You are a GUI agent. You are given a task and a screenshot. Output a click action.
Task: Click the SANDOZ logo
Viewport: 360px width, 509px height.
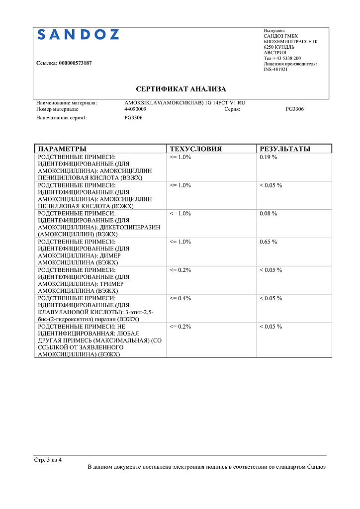(79, 35)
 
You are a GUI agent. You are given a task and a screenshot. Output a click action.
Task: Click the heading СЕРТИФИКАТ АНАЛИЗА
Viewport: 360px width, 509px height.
(181, 89)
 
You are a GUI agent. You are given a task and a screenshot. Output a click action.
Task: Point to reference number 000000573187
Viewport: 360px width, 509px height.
(75, 63)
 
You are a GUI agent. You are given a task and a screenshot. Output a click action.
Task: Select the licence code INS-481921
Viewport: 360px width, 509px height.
(275, 70)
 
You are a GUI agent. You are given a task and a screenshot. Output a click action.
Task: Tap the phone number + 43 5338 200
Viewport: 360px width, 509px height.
(286, 58)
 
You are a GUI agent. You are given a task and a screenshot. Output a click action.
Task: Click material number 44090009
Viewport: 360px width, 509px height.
(135, 109)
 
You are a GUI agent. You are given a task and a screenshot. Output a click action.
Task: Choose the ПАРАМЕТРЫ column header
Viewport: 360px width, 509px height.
(62, 149)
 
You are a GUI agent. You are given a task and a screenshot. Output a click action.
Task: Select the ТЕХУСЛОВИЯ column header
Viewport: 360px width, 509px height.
(195, 149)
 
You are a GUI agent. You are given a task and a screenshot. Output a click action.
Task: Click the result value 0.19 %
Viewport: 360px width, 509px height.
(269, 157)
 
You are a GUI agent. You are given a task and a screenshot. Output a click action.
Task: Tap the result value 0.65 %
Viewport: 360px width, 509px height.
(269, 242)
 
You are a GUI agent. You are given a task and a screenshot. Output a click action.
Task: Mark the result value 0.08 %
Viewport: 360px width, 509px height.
(269, 214)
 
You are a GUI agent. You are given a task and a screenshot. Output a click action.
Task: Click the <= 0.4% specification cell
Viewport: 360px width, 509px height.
(180, 299)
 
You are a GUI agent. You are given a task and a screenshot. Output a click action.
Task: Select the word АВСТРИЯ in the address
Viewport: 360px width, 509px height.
(275, 53)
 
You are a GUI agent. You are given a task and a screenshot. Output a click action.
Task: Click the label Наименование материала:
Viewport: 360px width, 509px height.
(67, 103)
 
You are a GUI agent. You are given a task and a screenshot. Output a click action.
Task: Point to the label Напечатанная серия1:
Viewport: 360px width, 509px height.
(62, 118)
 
